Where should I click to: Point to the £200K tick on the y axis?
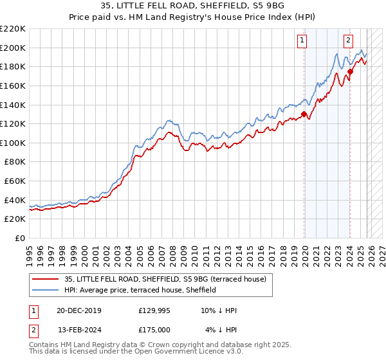(x=13, y=48)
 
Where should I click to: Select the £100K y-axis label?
(x=13, y=143)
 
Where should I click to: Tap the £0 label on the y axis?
(x=19, y=239)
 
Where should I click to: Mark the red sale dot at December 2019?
(x=304, y=114)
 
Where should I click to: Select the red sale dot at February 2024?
(x=350, y=71)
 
